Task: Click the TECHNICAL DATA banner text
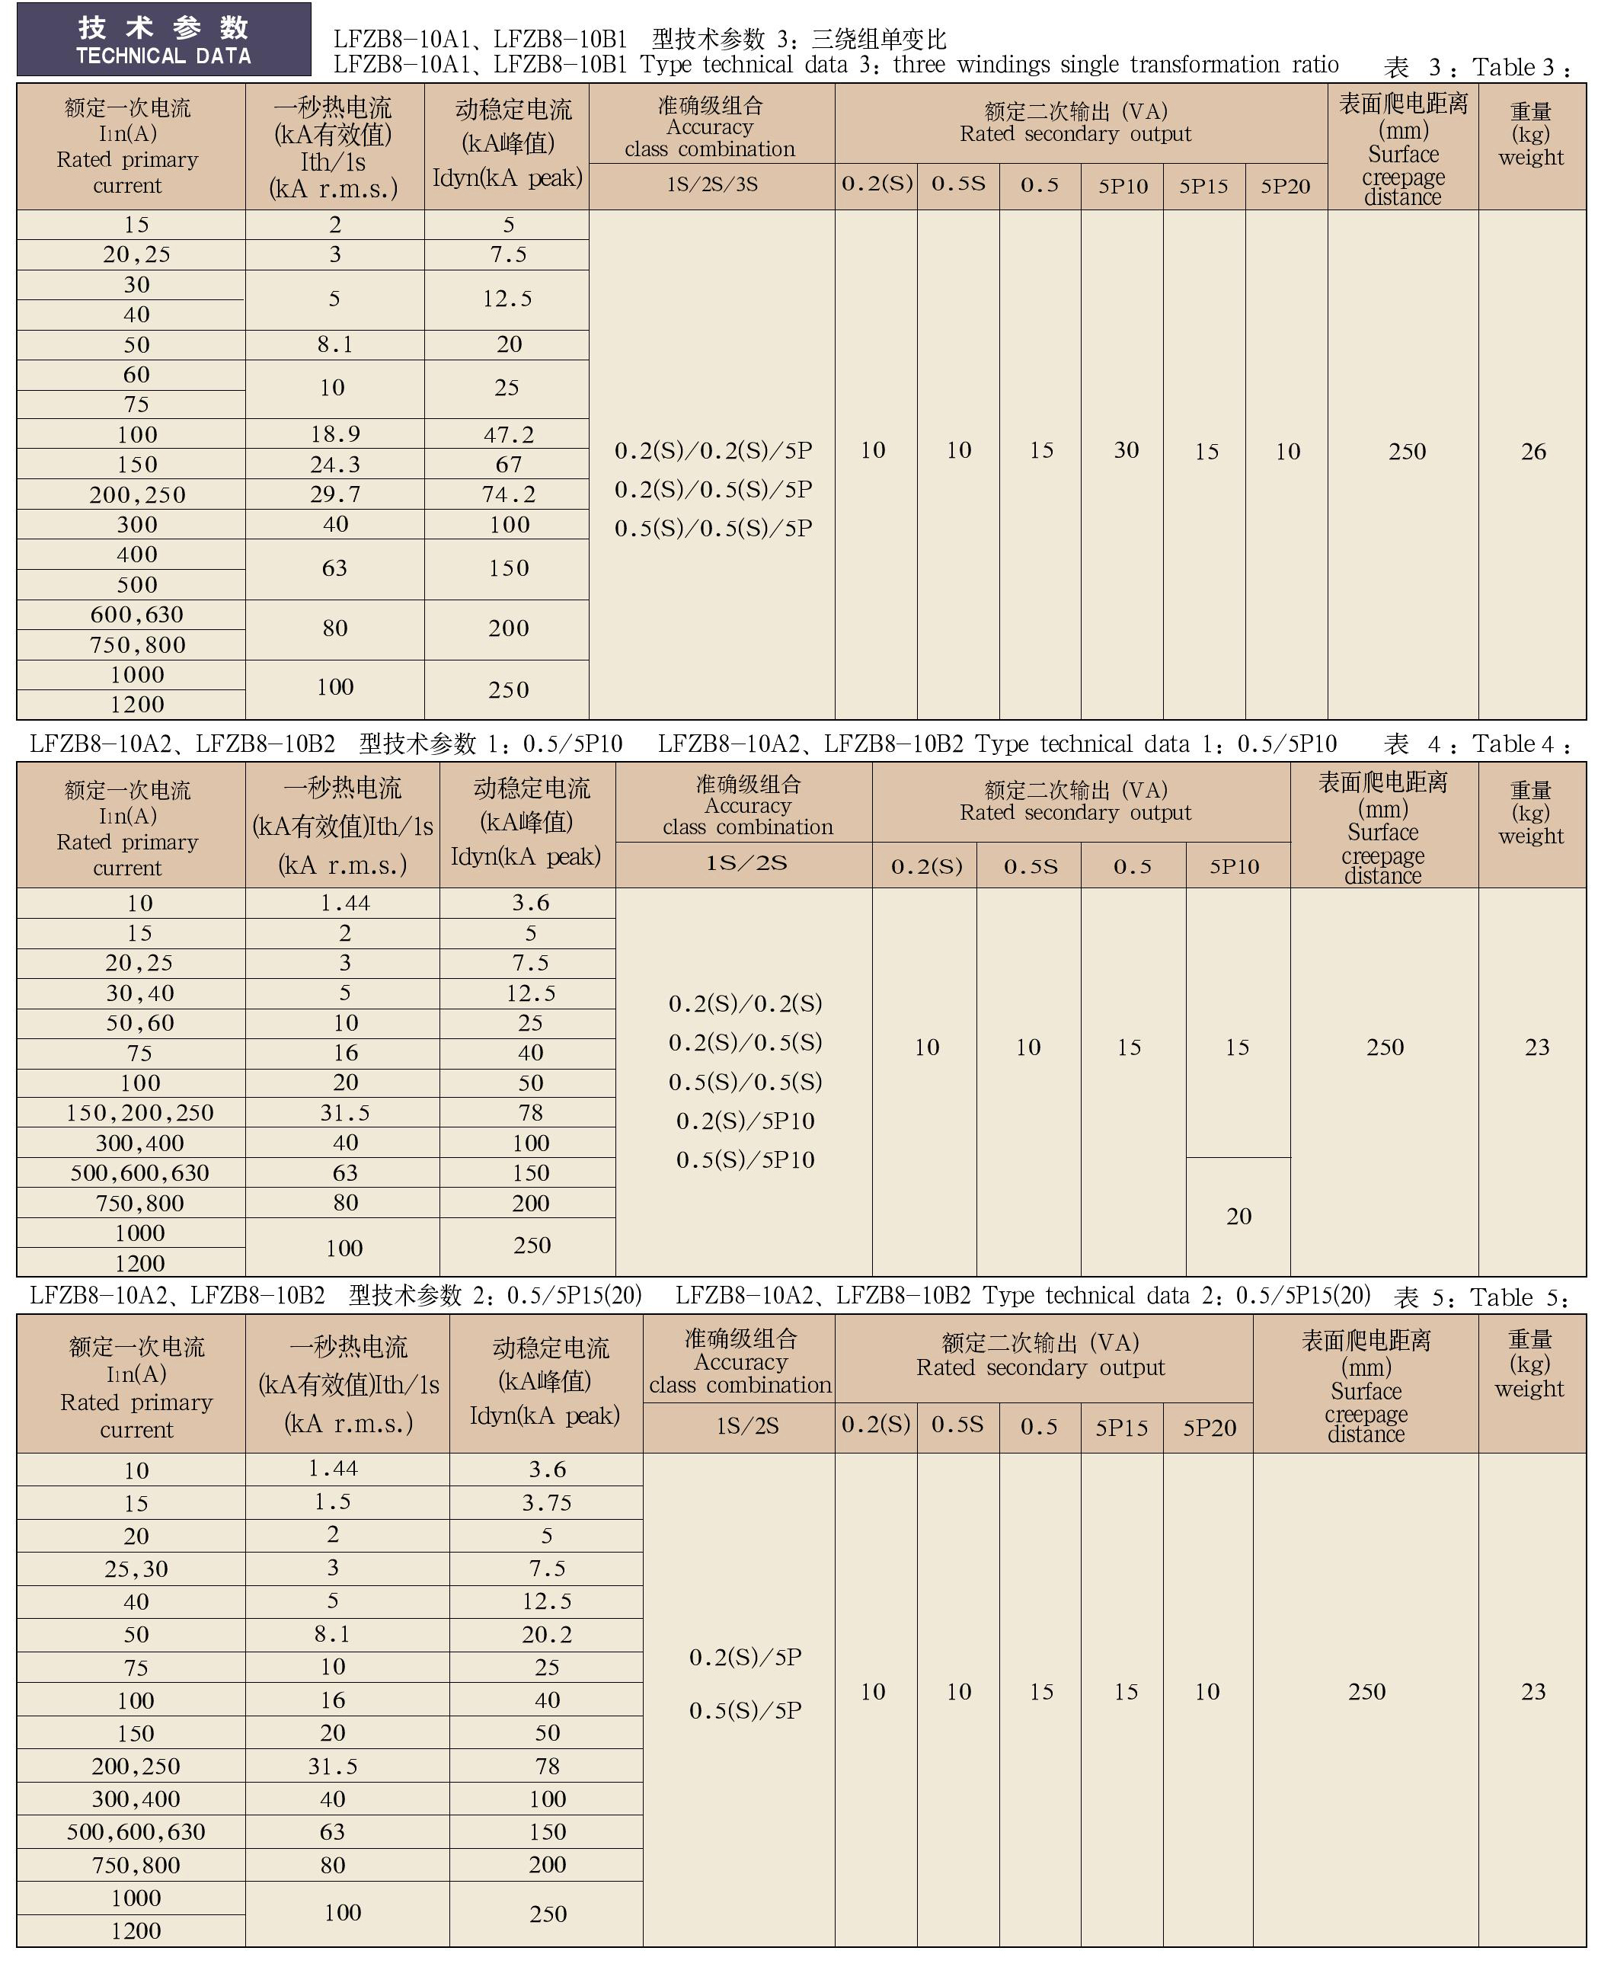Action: [164, 56]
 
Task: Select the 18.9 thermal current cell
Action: [335, 434]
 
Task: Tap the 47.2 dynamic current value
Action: [508, 434]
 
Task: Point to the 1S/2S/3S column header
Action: [712, 185]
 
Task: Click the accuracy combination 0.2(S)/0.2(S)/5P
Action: [714, 451]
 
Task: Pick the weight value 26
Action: [1532, 451]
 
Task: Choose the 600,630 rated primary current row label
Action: [137, 615]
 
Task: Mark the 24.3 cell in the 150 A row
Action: [335, 465]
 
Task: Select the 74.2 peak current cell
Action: [508, 494]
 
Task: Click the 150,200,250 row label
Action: [140, 1113]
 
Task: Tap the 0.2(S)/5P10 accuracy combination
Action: [746, 1121]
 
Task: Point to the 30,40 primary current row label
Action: [140, 993]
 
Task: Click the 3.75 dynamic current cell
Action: [547, 1503]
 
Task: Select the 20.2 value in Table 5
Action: [547, 1635]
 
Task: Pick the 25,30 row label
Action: [136, 1569]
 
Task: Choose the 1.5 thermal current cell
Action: [332, 1502]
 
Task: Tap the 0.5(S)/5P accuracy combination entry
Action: [746, 1710]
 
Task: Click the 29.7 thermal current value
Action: [335, 494]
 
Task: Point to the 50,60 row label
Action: [140, 1023]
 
